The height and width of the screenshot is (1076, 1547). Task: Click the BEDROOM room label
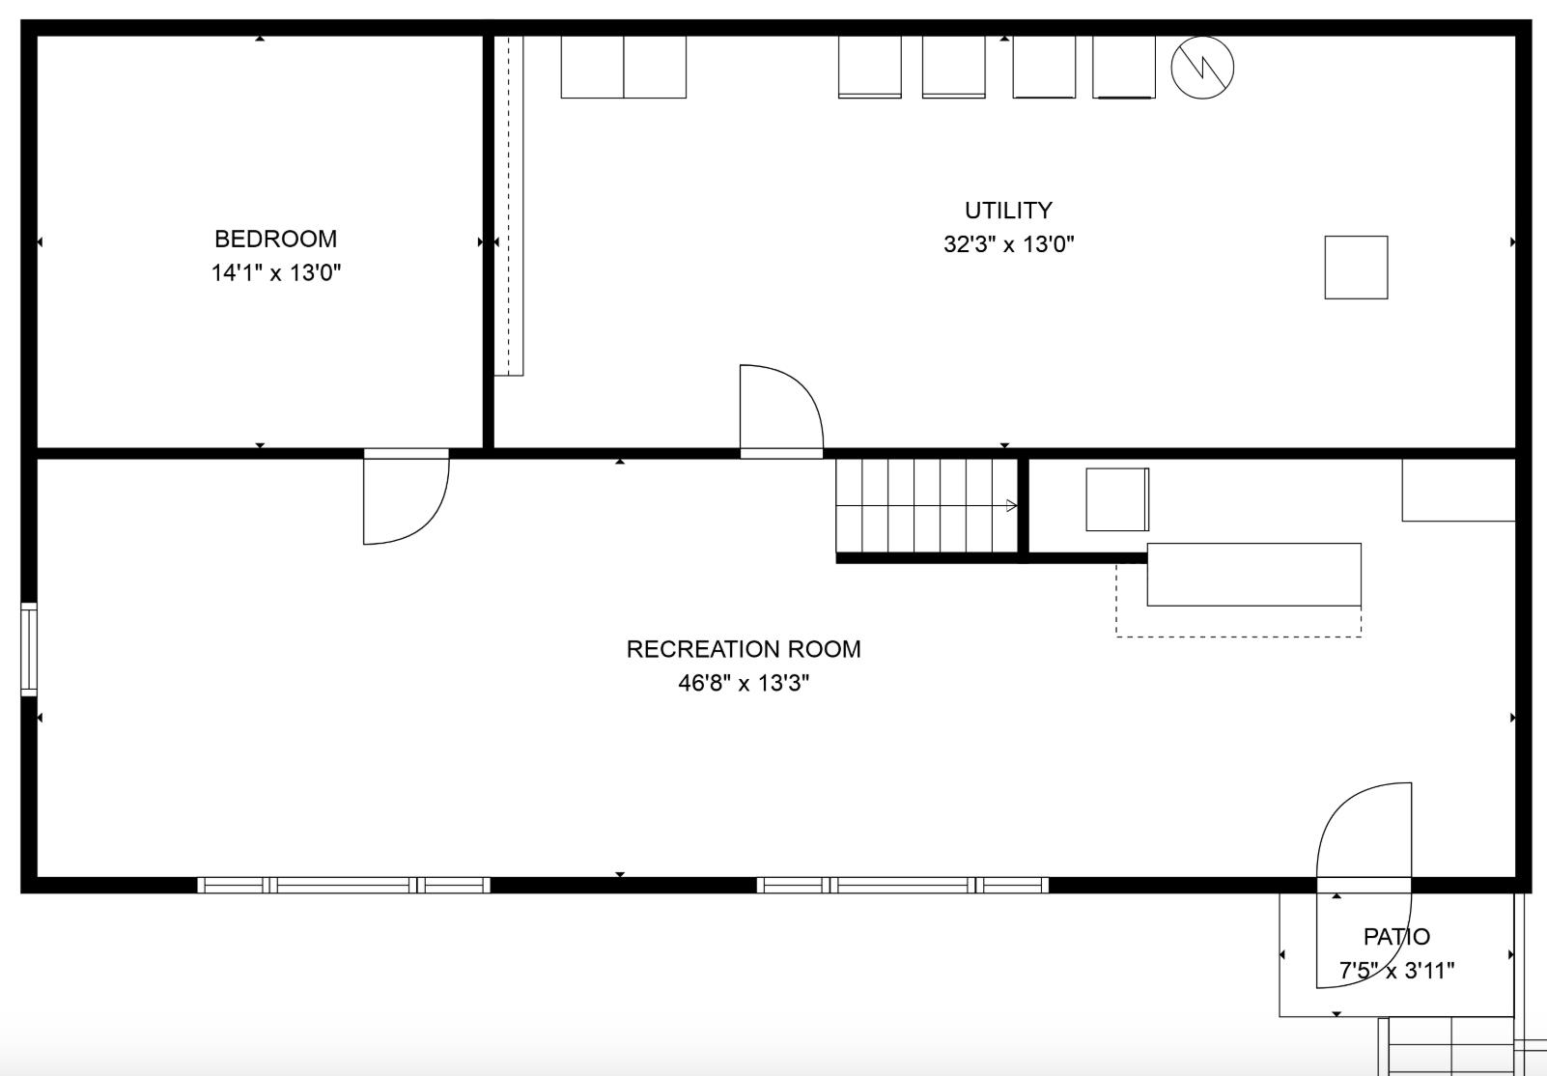click(x=275, y=239)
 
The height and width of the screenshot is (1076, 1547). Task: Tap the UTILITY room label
click(x=1008, y=210)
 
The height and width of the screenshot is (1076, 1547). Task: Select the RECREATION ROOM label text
click(x=744, y=649)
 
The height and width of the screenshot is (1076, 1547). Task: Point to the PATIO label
click(x=1396, y=937)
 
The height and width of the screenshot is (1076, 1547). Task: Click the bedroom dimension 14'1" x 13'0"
click(x=275, y=272)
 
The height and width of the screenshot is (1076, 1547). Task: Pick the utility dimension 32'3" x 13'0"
click(x=1008, y=244)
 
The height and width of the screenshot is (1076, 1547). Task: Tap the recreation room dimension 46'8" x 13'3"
click(x=744, y=683)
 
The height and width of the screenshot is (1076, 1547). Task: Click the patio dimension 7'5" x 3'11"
click(x=1396, y=971)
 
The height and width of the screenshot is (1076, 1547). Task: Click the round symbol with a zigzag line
click(x=1202, y=68)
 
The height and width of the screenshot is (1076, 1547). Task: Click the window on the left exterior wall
click(x=29, y=649)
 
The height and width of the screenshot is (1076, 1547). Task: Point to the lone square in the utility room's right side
click(x=1356, y=268)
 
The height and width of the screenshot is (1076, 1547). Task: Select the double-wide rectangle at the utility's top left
click(x=623, y=67)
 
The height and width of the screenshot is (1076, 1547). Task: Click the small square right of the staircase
click(x=1117, y=499)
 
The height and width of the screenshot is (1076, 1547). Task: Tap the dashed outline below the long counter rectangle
click(x=1238, y=637)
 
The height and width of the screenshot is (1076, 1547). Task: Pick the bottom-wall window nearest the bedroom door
click(x=344, y=885)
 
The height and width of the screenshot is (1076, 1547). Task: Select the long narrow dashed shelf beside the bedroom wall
click(x=509, y=206)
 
